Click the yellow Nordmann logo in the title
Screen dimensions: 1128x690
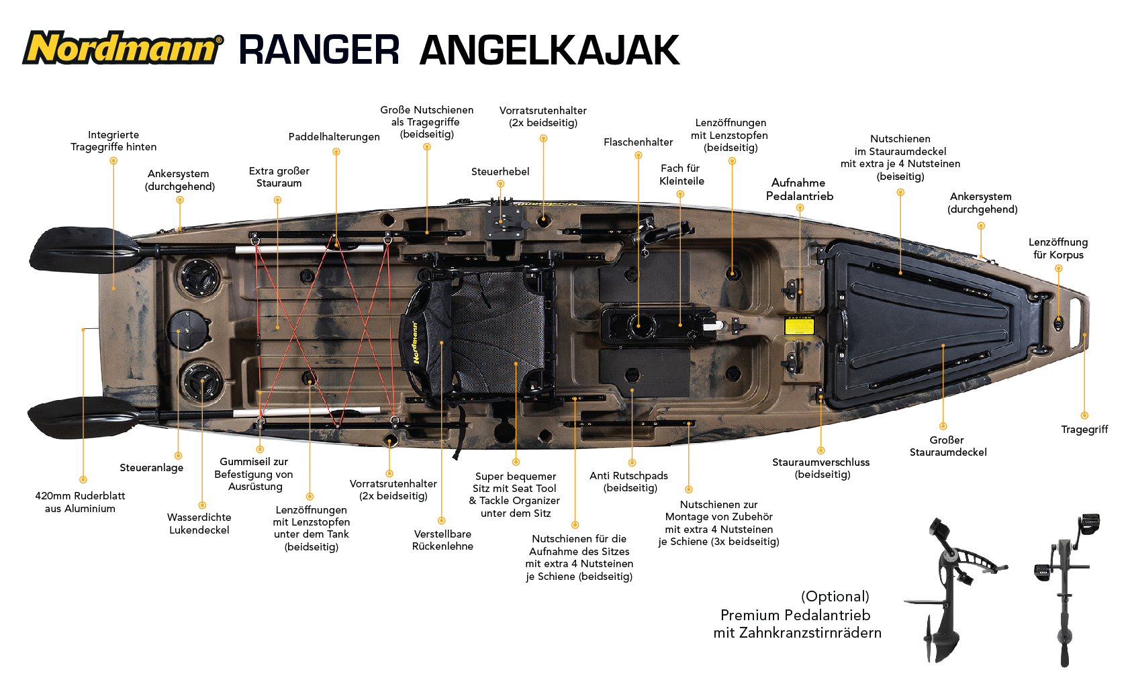pyautogui.click(x=122, y=48)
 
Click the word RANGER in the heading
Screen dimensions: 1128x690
pyautogui.click(x=320, y=50)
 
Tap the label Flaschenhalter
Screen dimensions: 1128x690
pyautogui.click(x=638, y=142)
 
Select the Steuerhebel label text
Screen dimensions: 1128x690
pyautogui.click(x=500, y=172)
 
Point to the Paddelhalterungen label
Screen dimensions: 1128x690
pyautogui.click(x=334, y=137)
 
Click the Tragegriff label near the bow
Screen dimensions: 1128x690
pyautogui.click(x=1084, y=430)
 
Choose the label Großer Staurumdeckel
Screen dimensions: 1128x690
pyautogui.click(x=948, y=446)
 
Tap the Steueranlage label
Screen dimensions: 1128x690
pyautogui.click(x=152, y=468)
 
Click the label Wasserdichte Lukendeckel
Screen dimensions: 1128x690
pyautogui.click(x=199, y=524)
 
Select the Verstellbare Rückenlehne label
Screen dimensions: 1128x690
pyautogui.click(x=442, y=540)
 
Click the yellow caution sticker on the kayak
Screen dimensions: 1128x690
pyautogui.click(x=800, y=326)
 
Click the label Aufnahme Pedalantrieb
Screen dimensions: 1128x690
pyautogui.click(x=799, y=189)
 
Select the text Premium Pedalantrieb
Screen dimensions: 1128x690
pyautogui.click(x=795, y=615)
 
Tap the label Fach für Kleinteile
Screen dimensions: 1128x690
pyautogui.click(x=681, y=175)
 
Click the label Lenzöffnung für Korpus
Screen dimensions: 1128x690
pyautogui.click(x=1058, y=248)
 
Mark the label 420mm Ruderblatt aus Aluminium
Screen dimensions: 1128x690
pyautogui.click(x=80, y=502)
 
